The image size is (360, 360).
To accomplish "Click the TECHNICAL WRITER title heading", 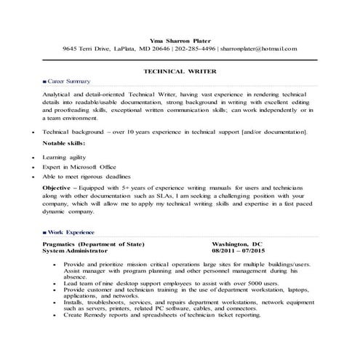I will click(180, 73).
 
